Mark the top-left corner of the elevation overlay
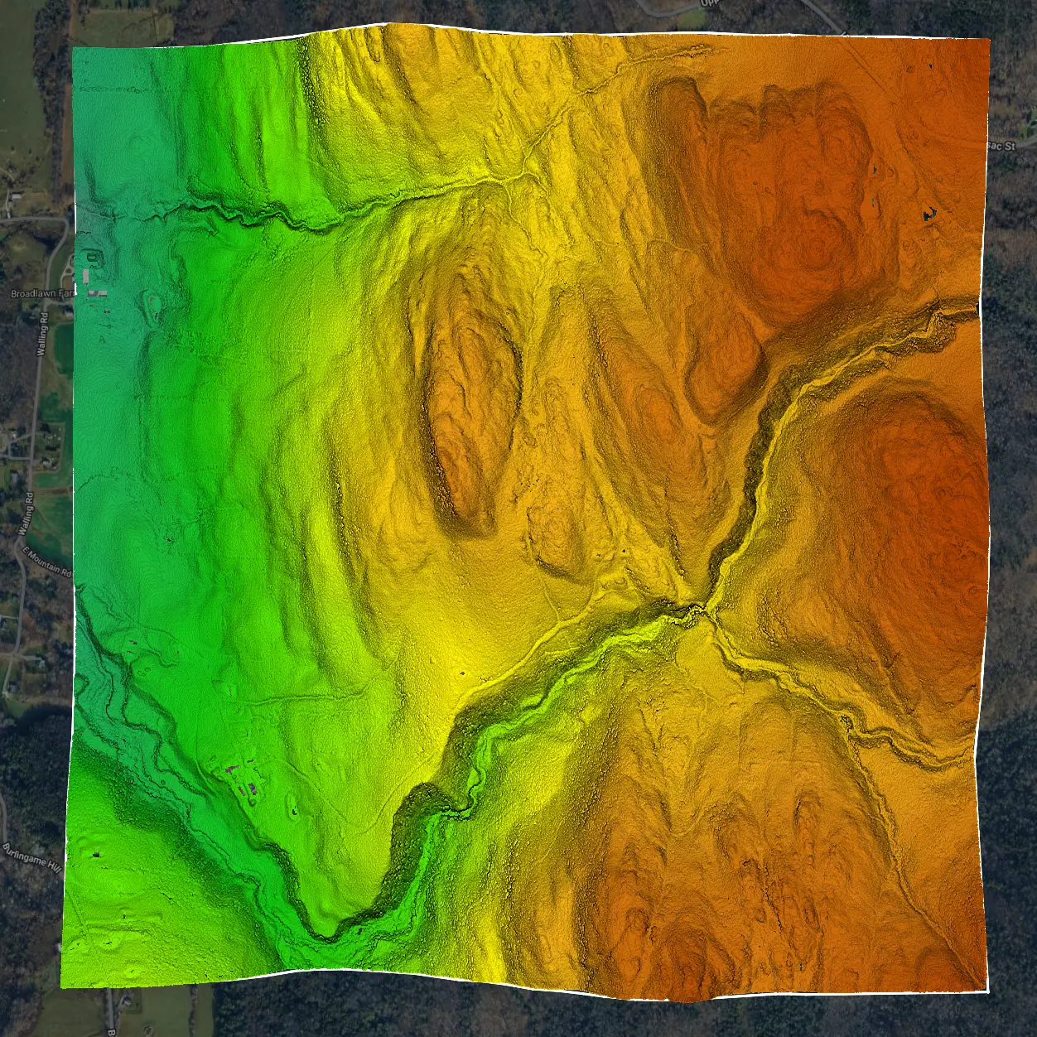pyautogui.click(x=73, y=48)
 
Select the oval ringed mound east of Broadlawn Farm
pyautogui.click(x=153, y=306)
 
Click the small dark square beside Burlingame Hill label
pyautogui.click(x=96, y=854)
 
